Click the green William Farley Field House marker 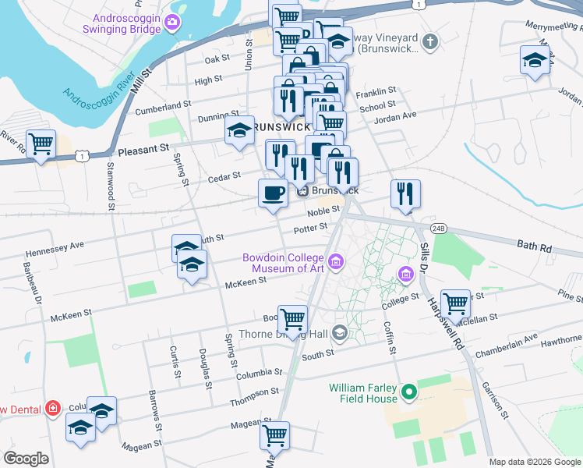(x=408, y=392)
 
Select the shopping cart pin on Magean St (x=274, y=435)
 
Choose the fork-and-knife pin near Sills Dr (x=405, y=194)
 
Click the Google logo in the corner (x=26, y=459)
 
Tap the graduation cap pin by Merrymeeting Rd (x=535, y=61)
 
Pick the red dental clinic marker (x=52, y=408)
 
